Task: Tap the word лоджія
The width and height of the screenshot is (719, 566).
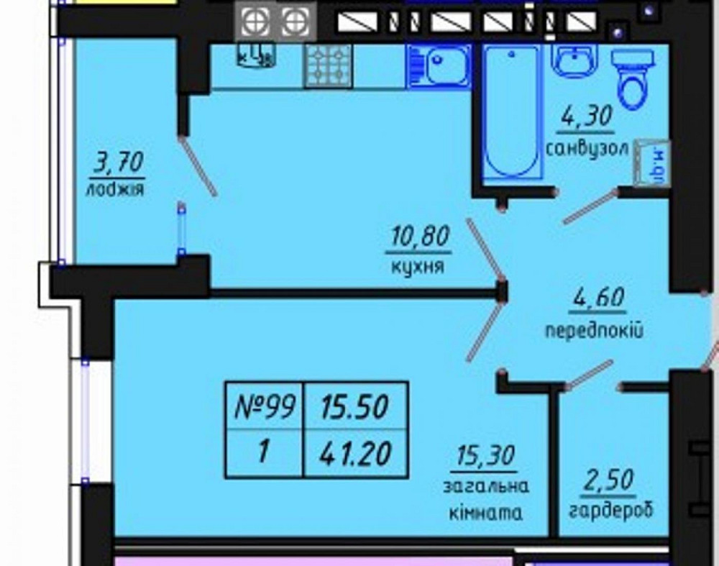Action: (x=115, y=190)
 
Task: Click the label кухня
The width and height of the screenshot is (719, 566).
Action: (x=418, y=267)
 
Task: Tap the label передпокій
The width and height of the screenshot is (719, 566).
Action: (x=594, y=332)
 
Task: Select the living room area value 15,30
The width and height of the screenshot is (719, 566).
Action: (x=486, y=456)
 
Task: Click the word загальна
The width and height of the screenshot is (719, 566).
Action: (x=486, y=486)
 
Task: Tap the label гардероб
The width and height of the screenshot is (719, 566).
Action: (x=610, y=511)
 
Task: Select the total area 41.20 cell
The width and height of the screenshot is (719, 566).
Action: (x=356, y=453)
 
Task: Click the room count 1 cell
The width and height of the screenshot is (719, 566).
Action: (x=265, y=453)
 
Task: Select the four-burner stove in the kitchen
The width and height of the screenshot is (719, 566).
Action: (x=328, y=65)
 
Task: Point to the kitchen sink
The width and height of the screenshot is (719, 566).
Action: (x=439, y=66)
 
